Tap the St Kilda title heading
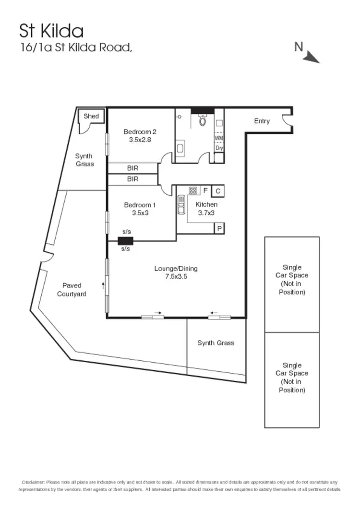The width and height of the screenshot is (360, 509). pyautogui.click(x=51, y=31)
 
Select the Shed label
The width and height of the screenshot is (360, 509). pyautogui.click(x=91, y=116)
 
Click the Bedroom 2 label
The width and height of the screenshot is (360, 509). pyautogui.click(x=140, y=132)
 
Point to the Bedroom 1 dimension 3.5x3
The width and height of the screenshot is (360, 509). pyautogui.click(x=140, y=213)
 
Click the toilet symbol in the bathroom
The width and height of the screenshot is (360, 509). pyautogui.click(x=202, y=121)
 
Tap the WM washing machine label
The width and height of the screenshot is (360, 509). pyautogui.click(x=219, y=138)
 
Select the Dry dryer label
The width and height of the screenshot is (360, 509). pyautogui.click(x=219, y=148)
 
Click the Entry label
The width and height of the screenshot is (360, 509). pyautogui.click(x=262, y=121)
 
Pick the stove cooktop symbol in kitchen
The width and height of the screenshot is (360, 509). pyautogui.click(x=193, y=190)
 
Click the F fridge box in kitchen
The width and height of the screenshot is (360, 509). pyautogui.click(x=205, y=190)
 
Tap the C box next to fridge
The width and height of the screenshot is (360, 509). pyautogui.click(x=218, y=191)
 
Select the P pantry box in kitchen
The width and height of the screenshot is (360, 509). pyautogui.click(x=219, y=229)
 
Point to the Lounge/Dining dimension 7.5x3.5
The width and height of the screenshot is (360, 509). pyautogui.click(x=176, y=276)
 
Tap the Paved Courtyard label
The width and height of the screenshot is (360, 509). pyautogui.click(x=72, y=290)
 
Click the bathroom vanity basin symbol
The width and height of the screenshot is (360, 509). pyautogui.click(x=180, y=149)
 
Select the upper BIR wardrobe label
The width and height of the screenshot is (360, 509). pyautogui.click(x=132, y=168)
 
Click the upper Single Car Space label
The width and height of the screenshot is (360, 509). pyautogui.click(x=292, y=279)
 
